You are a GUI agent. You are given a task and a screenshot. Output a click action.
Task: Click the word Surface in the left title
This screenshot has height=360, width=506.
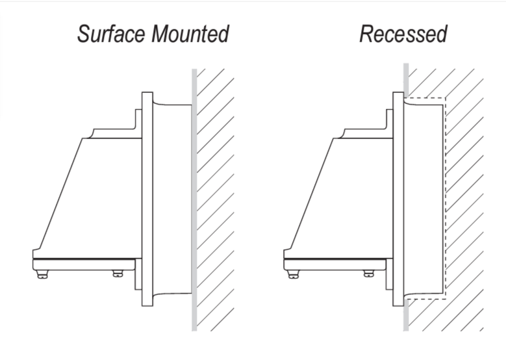[111, 34]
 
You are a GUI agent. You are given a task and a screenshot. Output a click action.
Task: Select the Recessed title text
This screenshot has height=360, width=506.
[403, 34]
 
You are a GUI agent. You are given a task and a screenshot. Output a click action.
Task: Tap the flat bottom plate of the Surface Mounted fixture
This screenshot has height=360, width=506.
[84, 264]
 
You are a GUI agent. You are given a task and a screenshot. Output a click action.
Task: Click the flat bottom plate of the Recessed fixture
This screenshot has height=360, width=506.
[335, 264]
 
